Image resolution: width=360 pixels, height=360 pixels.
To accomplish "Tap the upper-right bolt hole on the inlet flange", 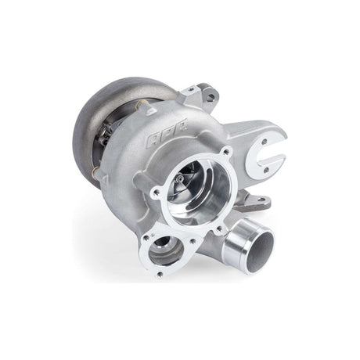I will (226, 152).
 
